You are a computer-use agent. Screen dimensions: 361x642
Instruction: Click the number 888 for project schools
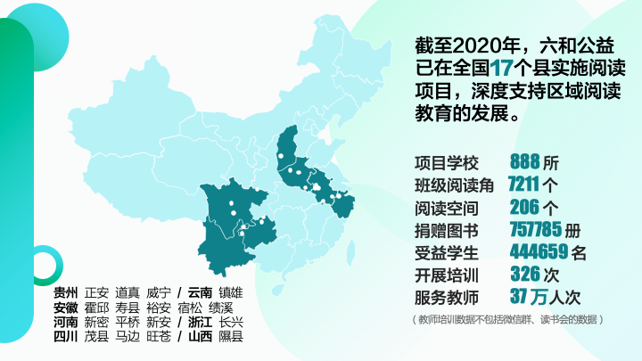coord(525,162)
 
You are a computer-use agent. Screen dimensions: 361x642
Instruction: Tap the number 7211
coord(523,185)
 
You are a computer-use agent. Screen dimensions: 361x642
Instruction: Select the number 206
coord(525,207)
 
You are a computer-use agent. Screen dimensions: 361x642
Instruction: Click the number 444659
coord(538,251)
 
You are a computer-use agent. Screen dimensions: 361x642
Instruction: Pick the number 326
coord(525,274)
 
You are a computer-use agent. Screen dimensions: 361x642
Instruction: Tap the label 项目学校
coord(447,163)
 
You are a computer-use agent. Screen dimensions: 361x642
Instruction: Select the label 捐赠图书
coord(447,230)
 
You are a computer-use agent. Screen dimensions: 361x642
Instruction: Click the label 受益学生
coord(447,252)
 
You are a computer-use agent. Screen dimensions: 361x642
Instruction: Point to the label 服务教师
coord(447,297)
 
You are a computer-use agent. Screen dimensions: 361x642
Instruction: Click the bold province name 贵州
coord(65,292)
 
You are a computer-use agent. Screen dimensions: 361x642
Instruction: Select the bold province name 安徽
coord(65,308)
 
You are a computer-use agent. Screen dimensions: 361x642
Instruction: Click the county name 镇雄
coord(231,292)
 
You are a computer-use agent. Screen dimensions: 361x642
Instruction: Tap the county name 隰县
coord(231,338)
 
